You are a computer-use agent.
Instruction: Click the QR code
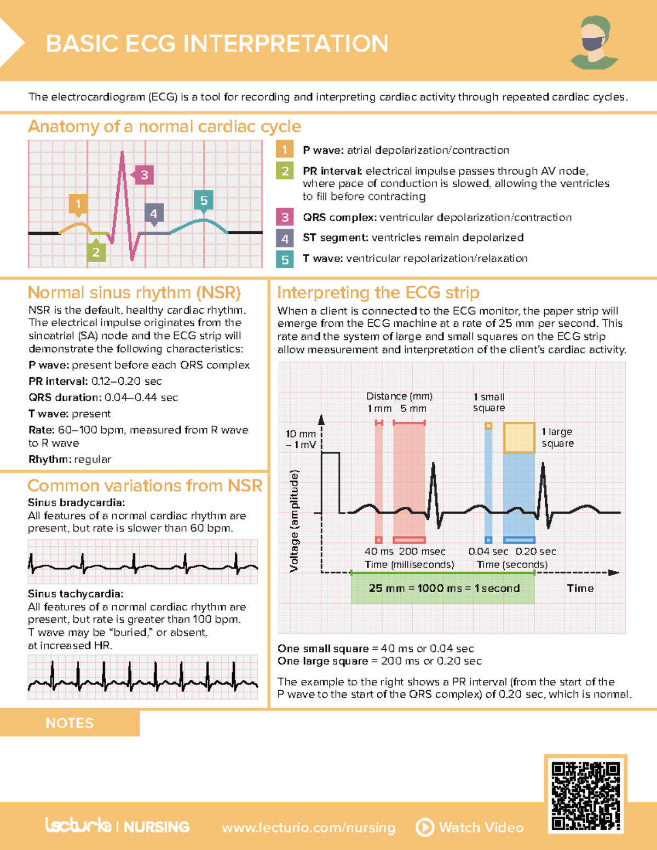point(585,795)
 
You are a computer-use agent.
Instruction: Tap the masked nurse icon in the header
point(595,43)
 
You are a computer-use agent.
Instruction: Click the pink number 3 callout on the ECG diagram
point(144,175)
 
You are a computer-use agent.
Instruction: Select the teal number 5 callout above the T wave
point(204,200)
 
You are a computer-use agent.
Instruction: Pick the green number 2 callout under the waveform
point(96,252)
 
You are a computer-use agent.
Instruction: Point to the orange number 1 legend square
point(285,150)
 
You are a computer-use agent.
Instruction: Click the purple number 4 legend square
point(285,238)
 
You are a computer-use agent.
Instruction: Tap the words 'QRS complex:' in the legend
point(339,217)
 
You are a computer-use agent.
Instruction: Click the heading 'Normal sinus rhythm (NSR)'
point(134,293)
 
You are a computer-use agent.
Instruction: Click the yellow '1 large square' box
point(519,437)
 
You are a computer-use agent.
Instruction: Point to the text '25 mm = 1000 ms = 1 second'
point(444,588)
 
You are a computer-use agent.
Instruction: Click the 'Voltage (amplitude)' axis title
point(295,521)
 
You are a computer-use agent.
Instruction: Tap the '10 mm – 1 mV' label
point(301,439)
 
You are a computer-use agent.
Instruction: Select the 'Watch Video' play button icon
point(425,827)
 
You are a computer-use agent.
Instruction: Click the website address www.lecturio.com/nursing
point(308,828)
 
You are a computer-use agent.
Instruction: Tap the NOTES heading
point(70,723)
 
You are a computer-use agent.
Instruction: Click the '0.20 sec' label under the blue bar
point(535,552)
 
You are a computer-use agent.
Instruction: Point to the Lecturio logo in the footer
point(78,825)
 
